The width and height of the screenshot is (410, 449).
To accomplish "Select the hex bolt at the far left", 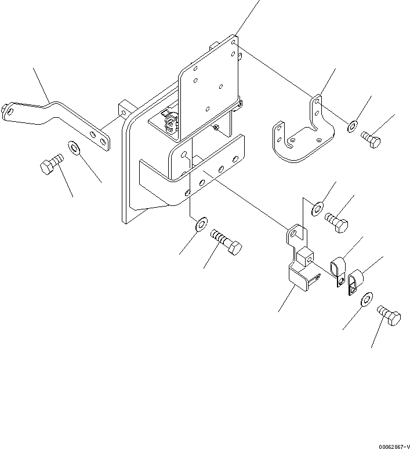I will pos(50,165).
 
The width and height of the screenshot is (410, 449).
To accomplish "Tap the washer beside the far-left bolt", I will pos(75,149).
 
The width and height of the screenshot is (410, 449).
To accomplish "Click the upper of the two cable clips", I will pos(337,267).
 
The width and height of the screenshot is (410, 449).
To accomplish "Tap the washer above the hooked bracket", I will pos(318,208).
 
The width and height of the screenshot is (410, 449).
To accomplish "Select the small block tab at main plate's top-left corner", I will pos(125,108).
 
